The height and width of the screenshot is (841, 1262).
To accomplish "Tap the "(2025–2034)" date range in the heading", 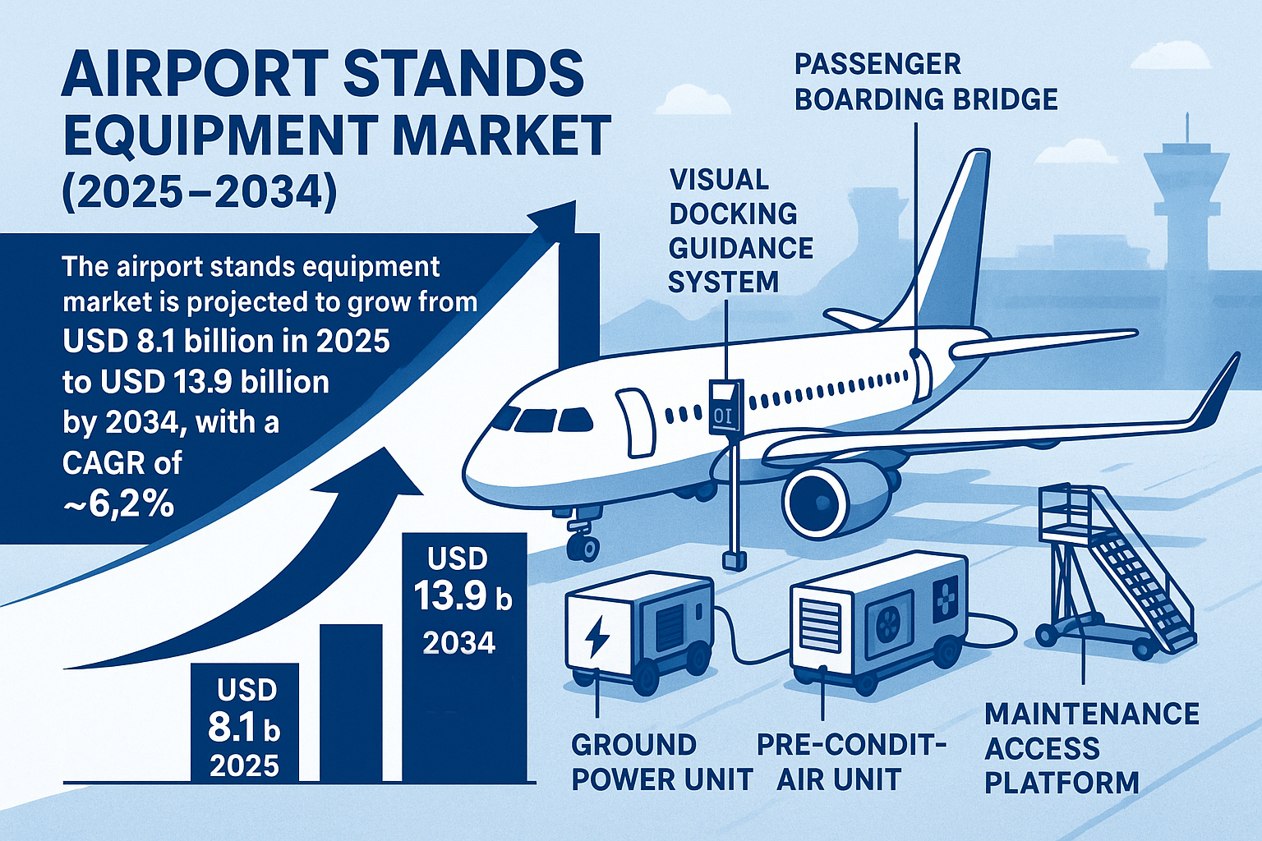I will (199, 194).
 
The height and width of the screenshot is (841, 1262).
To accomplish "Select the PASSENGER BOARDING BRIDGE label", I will (926, 81).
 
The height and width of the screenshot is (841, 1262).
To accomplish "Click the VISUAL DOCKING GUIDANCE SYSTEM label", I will (740, 231).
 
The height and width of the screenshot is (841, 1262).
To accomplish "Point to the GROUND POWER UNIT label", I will (661, 762).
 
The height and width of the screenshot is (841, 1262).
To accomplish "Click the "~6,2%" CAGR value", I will (118, 503).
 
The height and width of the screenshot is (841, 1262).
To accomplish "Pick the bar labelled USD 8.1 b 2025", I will (244, 723).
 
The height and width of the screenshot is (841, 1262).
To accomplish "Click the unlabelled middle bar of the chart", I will (351, 702).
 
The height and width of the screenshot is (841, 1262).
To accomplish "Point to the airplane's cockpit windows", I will (538, 419).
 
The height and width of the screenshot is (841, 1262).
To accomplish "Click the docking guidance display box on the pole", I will (725, 407).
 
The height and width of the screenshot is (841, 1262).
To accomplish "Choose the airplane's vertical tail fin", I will (953, 246).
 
